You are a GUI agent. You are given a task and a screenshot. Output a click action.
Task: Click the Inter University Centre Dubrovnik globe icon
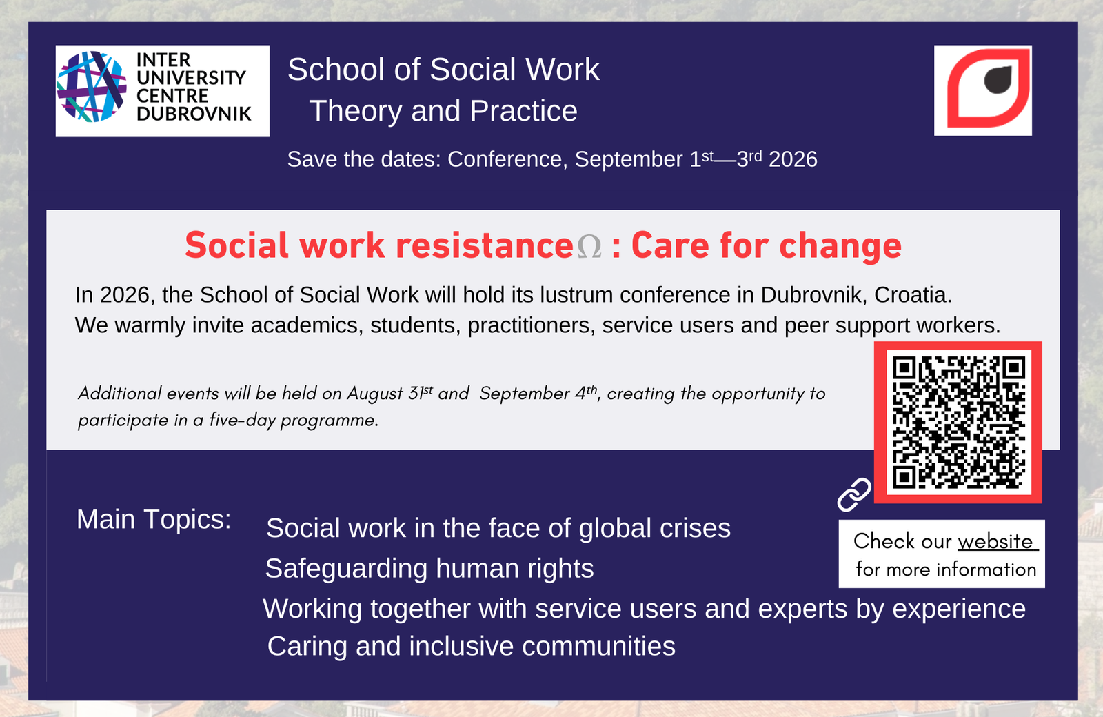pyautogui.click(x=92, y=87)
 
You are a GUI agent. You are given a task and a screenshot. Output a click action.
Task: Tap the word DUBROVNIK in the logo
pyautogui.click(x=194, y=114)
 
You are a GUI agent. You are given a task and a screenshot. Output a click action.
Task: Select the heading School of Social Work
pyautogui.click(x=443, y=70)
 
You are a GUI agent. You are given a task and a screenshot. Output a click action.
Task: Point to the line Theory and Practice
pyautogui.click(x=443, y=111)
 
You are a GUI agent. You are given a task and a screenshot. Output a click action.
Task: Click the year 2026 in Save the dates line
pyautogui.click(x=793, y=159)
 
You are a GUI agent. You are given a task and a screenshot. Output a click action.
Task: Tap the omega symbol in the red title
pyautogui.click(x=589, y=247)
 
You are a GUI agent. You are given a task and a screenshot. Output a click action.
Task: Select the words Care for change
pyautogui.click(x=766, y=245)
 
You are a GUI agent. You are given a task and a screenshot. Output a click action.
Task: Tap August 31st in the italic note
pyautogui.click(x=389, y=394)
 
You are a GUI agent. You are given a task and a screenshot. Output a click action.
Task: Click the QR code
pyautogui.click(x=958, y=422)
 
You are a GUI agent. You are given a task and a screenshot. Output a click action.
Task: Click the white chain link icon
pyautogui.click(x=854, y=495)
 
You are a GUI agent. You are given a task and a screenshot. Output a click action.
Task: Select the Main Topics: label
pyautogui.click(x=154, y=519)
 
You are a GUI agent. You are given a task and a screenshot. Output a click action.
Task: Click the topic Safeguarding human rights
pyautogui.click(x=429, y=569)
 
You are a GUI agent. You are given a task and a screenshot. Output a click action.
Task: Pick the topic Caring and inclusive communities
pyautogui.click(x=471, y=647)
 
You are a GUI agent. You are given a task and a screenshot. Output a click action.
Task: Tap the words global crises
pyautogui.click(x=654, y=529)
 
